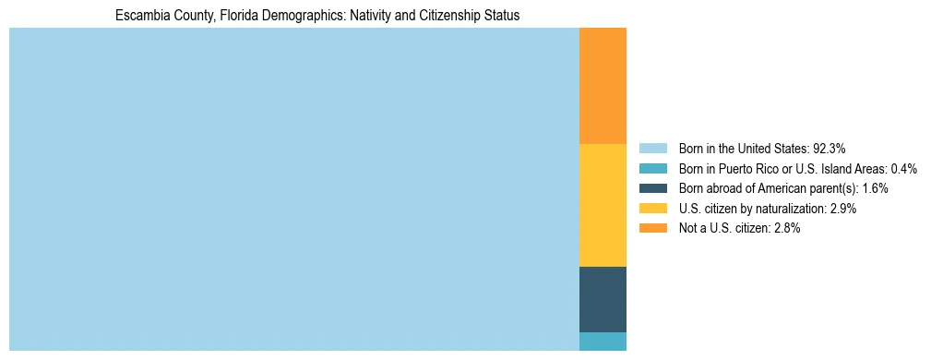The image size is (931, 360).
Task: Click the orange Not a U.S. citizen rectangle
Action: pyautogui.click(x=603, y=86)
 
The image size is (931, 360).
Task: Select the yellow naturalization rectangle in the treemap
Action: pyautogui.click(x=603, y=205)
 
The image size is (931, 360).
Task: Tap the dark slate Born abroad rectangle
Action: pyautogui.click(x=603, y=299)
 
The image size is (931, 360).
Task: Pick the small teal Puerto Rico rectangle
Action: pyautogui.click(x=603, y=342)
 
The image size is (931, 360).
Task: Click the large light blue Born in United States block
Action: pyautogui.click(x=293, y=189)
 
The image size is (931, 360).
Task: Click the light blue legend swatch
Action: pyautogui.click(x=652, y=149)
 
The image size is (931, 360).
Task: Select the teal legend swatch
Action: pyautogui.click(x=652, y=169)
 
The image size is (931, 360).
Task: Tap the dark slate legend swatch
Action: pyautogui.click(x=652, y=188)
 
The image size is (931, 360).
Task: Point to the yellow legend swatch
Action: pyautogui.click(x=652, y=209)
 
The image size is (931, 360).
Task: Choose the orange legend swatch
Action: pyautogui.click(x=652, y=228)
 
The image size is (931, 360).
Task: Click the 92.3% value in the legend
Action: pyautogui.click(x=829, y=149)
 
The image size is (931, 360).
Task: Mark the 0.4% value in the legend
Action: pyautogui.click(x=903, y=169)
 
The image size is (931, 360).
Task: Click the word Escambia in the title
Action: pyautogui.click(x=139, y=16)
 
